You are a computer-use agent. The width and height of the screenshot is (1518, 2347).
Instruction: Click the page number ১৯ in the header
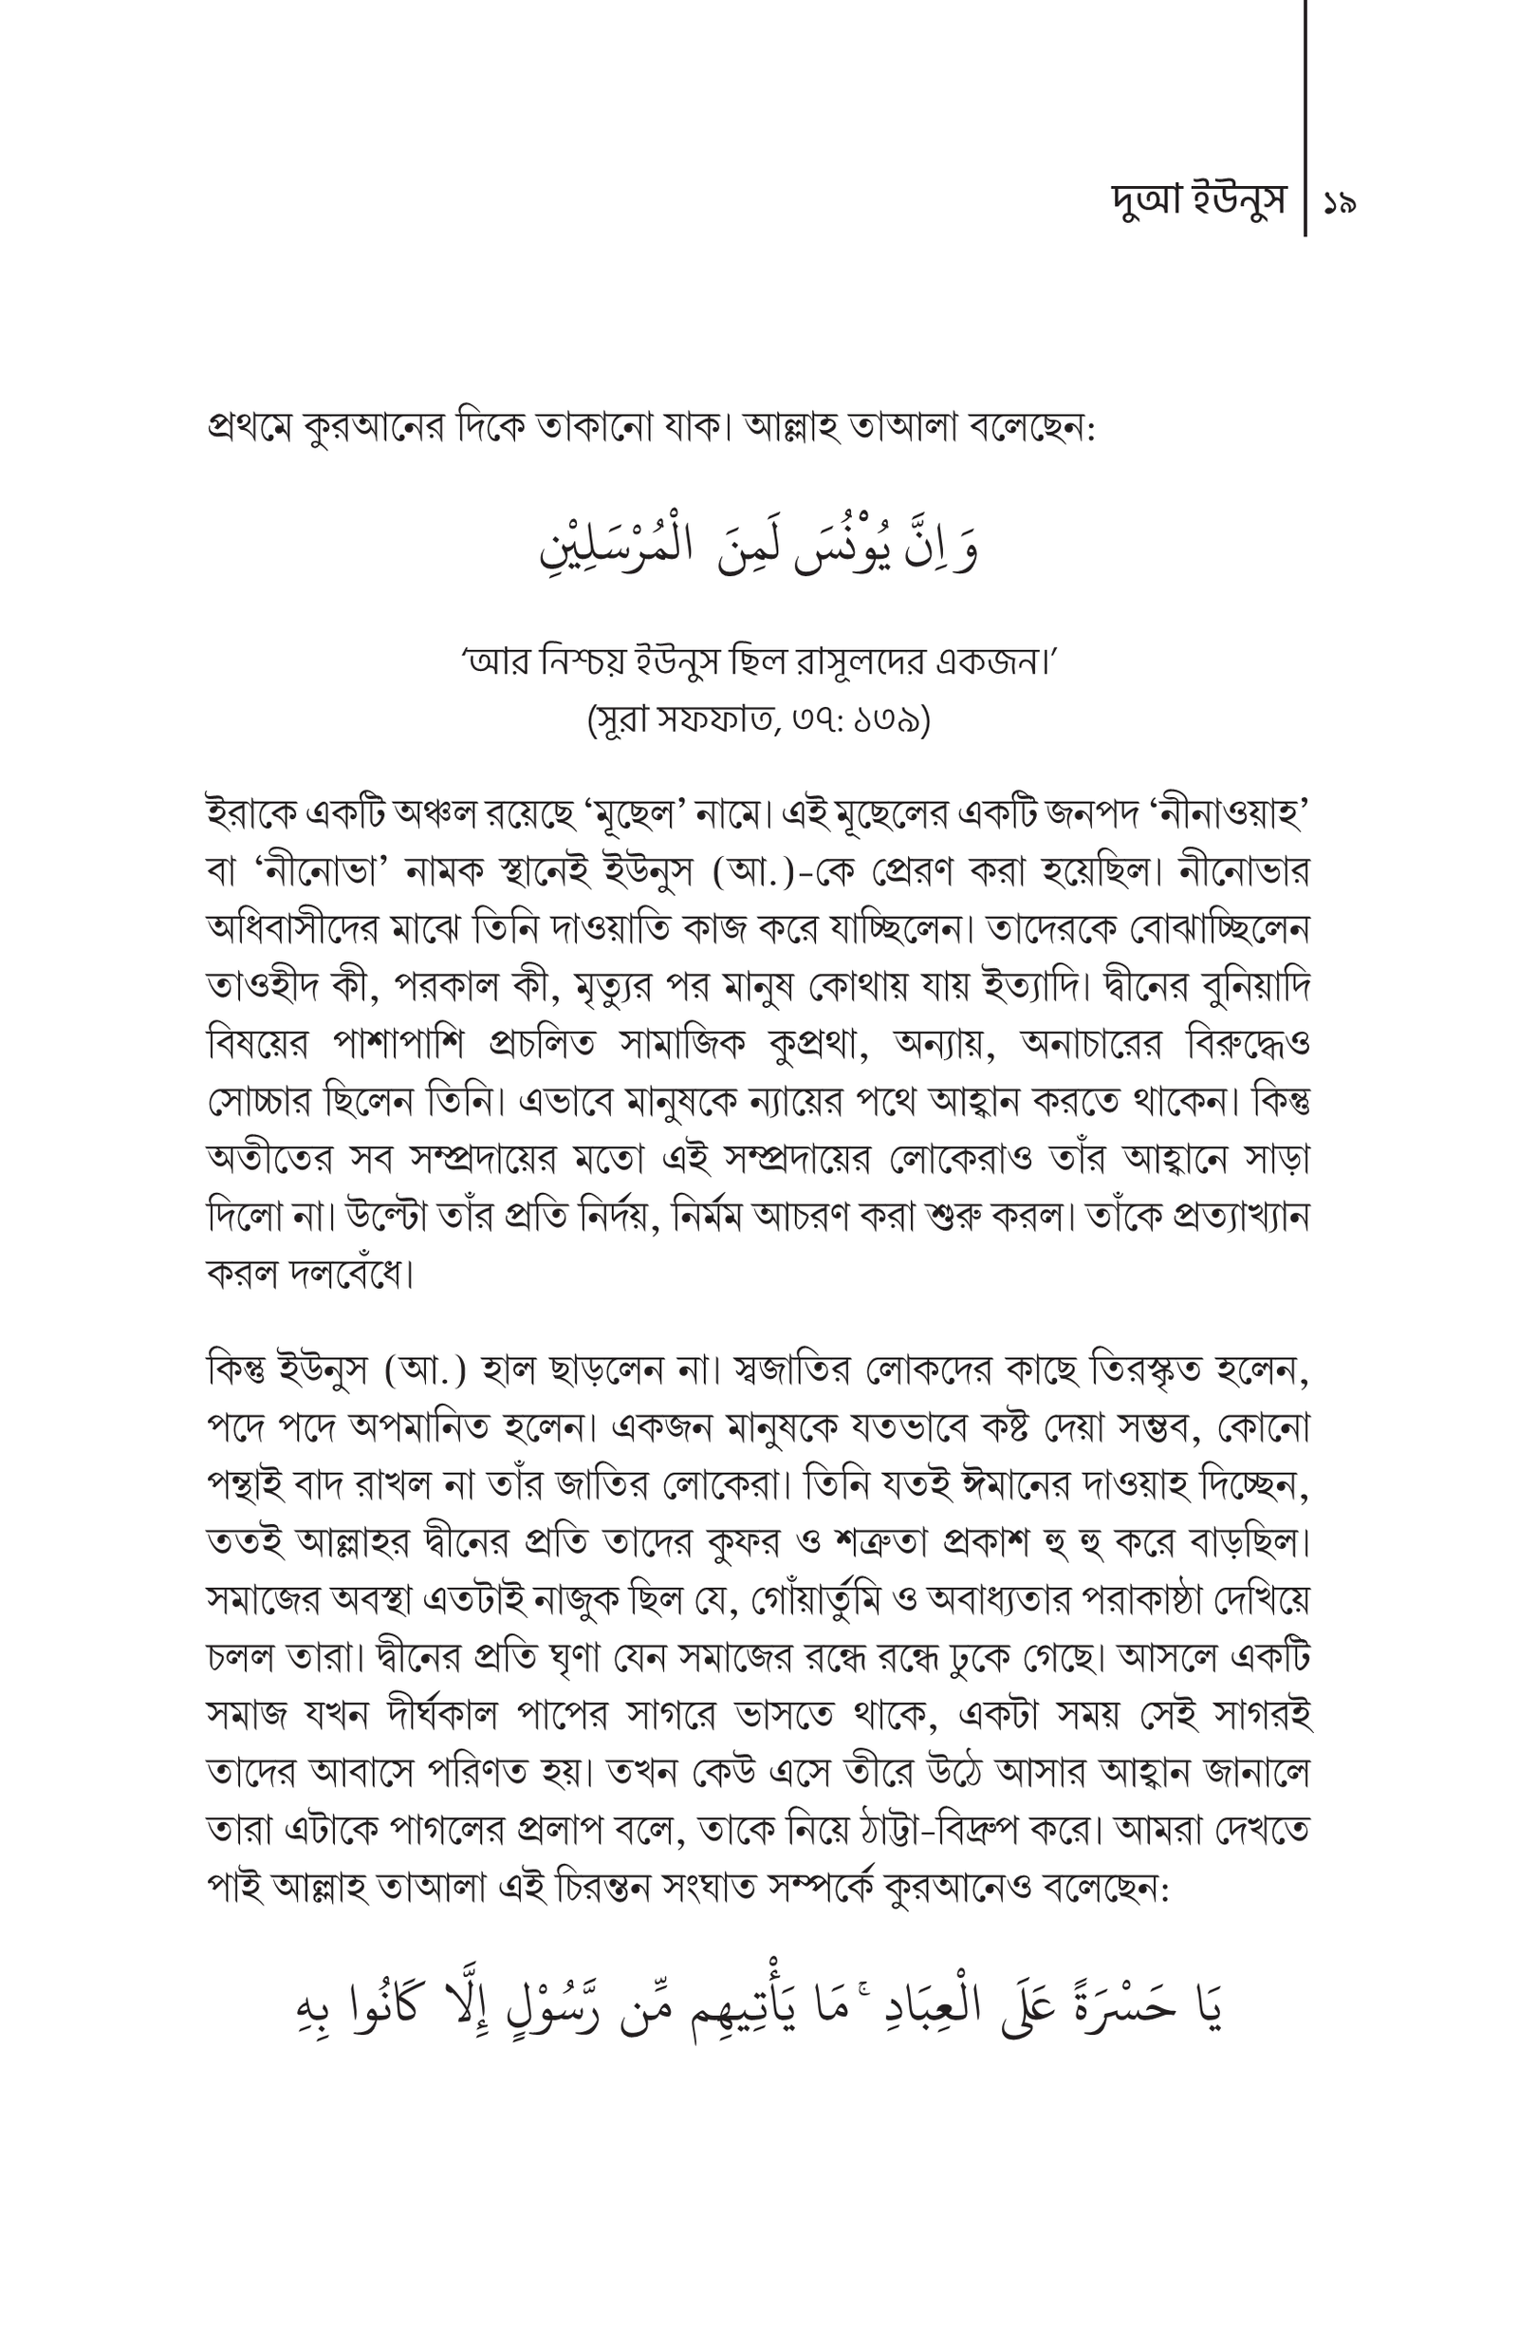[1341, 204]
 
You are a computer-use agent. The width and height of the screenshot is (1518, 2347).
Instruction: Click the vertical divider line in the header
[1306, 119]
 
